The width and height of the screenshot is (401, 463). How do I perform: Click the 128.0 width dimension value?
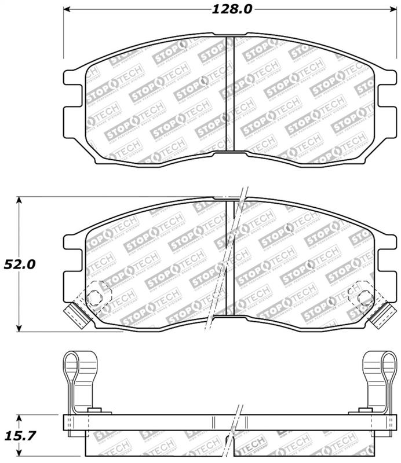click(x=224, y=9)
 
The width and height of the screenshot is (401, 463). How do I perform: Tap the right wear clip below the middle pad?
click(x=381, y=314)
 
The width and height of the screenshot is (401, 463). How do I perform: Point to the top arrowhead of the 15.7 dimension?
click(x=20, y=417)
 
